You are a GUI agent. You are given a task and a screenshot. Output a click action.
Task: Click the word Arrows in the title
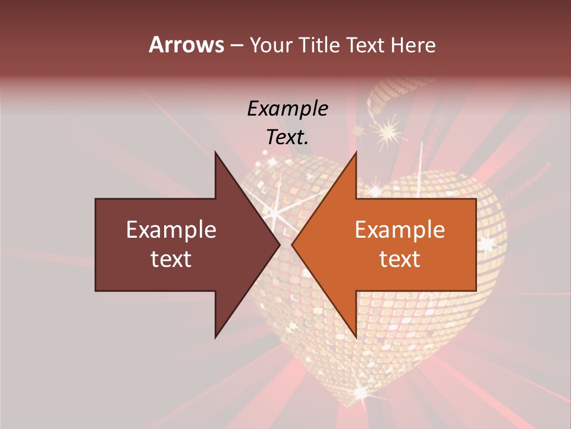[x=186, y=45]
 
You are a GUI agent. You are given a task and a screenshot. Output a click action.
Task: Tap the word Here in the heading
[x=413, y=45]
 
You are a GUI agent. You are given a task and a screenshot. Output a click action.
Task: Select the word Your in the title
[x=271, y=45]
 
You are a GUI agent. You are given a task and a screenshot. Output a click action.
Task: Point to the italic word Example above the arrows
[x=287, y=109]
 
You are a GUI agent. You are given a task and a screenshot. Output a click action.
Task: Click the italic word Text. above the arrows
[x=287, y=137]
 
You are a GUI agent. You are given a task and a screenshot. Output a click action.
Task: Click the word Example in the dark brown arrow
[x=171, y=230]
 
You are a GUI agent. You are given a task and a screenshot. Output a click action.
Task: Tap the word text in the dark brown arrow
[x=171, y=259]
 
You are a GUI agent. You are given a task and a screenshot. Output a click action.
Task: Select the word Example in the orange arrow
[x=400, y=230]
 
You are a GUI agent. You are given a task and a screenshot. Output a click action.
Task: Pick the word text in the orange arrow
[x=400, y=259]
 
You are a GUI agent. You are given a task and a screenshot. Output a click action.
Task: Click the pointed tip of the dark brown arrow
[x=280, y=244]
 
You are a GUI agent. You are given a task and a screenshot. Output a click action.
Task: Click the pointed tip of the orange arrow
[x=292, y=244]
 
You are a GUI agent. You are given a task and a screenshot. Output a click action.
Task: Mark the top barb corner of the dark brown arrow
[x=215, y=153]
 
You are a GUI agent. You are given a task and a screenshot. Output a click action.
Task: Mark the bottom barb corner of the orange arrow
[x=356, y=337]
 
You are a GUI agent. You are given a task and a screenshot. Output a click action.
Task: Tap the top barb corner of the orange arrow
[x=356, y=153]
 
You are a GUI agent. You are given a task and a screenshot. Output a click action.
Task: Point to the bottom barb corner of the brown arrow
[x=215, y=337]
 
